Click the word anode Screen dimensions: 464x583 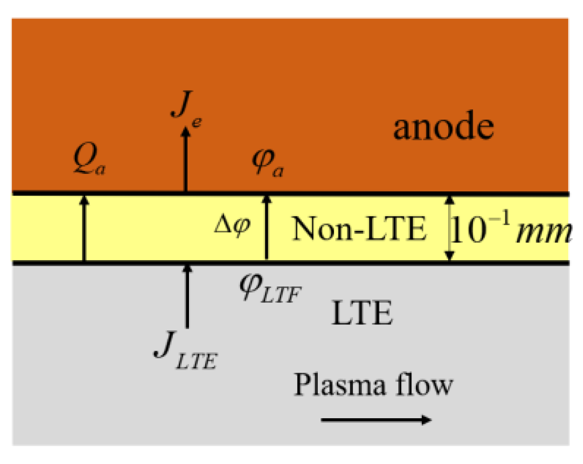[x=443, y=127]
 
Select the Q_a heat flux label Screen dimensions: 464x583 [x=89, y=159]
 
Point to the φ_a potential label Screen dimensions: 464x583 [x=267, y=162]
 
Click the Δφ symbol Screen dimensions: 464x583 [x=232, y=225]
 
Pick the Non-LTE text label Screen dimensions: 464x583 [x=359, y=228]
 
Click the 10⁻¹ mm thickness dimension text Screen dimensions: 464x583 [x=510, y=229]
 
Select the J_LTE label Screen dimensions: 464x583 [x=185, y=351]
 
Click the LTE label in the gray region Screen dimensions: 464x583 [x=362, y=313]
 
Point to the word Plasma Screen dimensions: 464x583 [x=340, y=385]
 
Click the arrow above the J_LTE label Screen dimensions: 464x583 [x=187, y=296]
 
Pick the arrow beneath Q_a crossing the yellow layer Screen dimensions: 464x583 [x=84, y=228]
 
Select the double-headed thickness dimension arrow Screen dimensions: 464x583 [x=449, y=228]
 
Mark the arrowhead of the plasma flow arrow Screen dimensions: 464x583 [x=427, y=420]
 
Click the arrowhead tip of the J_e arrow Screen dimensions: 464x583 [x=186, y=129]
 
